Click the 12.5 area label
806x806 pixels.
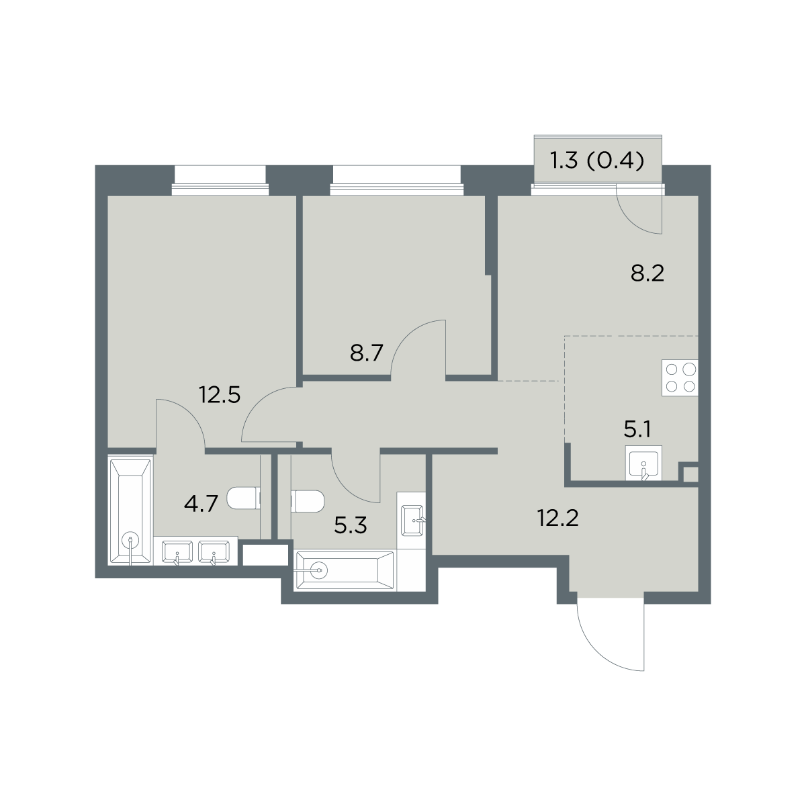coord(220,395)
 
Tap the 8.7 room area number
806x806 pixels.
coord(367,353)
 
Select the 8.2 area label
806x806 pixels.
coord(647,274)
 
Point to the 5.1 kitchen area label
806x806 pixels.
coord(637,430)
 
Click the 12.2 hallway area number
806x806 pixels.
coord(557,519)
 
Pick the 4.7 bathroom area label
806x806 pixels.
coord(201,504)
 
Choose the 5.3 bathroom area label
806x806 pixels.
coord(351,526)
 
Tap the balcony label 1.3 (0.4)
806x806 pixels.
coord(597,161)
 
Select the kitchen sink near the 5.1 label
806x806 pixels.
coord(643,463)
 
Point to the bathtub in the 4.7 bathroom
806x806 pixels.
coord(130,512)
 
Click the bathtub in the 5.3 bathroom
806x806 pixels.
coord(345,570)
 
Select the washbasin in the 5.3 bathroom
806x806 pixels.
coord(412,521)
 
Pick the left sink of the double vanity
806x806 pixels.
coord(177,552)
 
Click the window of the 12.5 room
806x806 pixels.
coord(220,181)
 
